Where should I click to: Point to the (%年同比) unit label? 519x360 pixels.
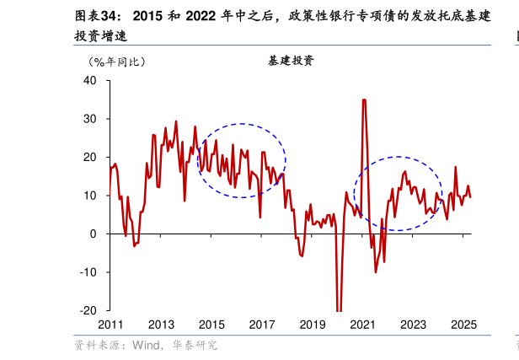(x=117, y=62)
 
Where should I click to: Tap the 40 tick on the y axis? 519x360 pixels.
(x=90, y=81)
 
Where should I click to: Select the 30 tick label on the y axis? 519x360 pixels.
(x=90, y=119)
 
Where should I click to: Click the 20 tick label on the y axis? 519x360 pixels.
(x=90, y=158)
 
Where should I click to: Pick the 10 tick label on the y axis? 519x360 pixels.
(x=90, y=196)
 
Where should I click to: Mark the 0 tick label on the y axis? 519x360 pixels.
(x=94, y=234)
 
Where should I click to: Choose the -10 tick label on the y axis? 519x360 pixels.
(x=88, y=272)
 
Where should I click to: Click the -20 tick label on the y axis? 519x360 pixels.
(x=88, y=310)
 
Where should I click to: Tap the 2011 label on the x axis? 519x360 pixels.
(x=110, y=325)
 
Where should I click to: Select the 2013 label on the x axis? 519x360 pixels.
(x=161, y=325)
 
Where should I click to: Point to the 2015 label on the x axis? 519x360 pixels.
(x=211, y=325)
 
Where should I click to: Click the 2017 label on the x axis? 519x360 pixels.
(x=262, y=325)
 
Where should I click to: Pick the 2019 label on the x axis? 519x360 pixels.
(x=313, y=325)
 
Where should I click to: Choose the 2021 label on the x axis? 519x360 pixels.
(x=363, y=325)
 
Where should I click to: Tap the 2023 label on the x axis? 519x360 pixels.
(x=414, y=325)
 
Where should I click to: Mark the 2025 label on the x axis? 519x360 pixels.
(x=464, y=325)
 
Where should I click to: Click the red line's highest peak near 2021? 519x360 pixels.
(x=364, y=100)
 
